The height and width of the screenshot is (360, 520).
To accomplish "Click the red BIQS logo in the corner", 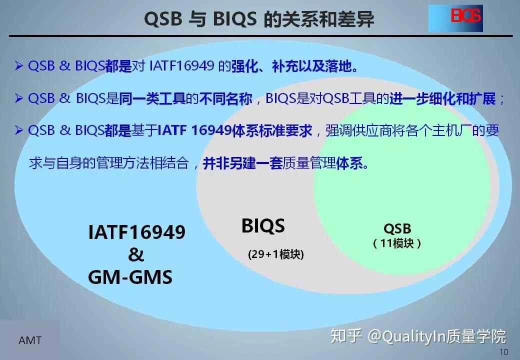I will point(465,17).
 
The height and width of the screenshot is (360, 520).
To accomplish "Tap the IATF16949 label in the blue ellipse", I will point(136,232).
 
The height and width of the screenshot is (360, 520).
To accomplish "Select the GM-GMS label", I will point(130,277).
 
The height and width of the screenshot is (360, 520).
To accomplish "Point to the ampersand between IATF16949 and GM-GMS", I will point(135,254).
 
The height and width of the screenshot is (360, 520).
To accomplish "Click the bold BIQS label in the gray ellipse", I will point(263,226).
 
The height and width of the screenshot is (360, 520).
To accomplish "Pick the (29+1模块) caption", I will point(275,254).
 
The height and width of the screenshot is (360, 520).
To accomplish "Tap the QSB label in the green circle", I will point(397,229).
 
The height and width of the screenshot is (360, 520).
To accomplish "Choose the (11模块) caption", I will point(397,243).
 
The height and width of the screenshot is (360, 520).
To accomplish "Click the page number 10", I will point(503,352).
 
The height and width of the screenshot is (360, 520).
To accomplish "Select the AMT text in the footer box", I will point(30,341).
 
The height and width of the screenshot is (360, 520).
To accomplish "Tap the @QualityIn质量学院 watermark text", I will point(437,336).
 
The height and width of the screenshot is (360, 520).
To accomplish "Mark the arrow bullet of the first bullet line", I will point(19,66).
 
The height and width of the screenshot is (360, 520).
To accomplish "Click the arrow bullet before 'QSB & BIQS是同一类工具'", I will point(19,98).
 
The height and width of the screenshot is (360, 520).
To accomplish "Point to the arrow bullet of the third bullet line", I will point(19,131).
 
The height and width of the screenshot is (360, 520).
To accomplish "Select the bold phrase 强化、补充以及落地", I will point(295,66).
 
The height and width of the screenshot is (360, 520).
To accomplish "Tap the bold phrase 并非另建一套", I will point(243,163).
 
